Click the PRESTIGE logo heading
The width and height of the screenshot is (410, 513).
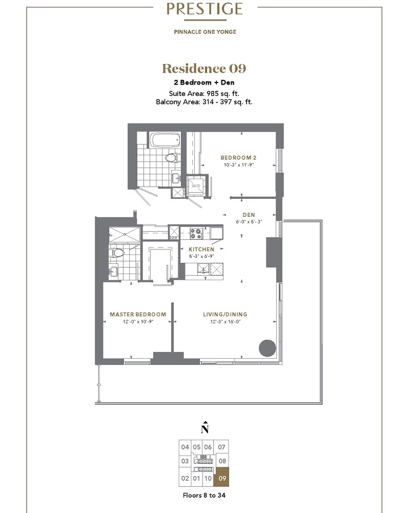click(205, 9)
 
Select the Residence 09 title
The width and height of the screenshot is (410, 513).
click(204, 68)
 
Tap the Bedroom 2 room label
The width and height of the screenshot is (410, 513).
click(238, 158)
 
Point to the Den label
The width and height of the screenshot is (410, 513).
click(249, 215)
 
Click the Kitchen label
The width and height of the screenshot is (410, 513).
click(201, 249)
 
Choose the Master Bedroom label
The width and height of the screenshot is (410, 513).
click(138, 314)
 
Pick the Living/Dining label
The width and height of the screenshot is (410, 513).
click(225, 314)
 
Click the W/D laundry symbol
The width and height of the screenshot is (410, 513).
click(196, 186)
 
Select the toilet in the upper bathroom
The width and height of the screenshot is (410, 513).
click(171, 158)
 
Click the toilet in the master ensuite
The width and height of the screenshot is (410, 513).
click(117, 253)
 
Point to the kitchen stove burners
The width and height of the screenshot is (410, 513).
click(196, 234)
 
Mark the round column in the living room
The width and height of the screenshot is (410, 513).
click(268, 348)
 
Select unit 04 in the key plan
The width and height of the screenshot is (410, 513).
click(185, 447)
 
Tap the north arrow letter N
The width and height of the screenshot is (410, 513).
click(205, 428)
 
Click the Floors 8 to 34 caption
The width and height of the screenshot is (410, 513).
click(204, 496)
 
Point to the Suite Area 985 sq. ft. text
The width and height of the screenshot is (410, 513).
click(204, 94)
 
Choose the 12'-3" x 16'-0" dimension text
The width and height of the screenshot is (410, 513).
click(225, 322)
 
